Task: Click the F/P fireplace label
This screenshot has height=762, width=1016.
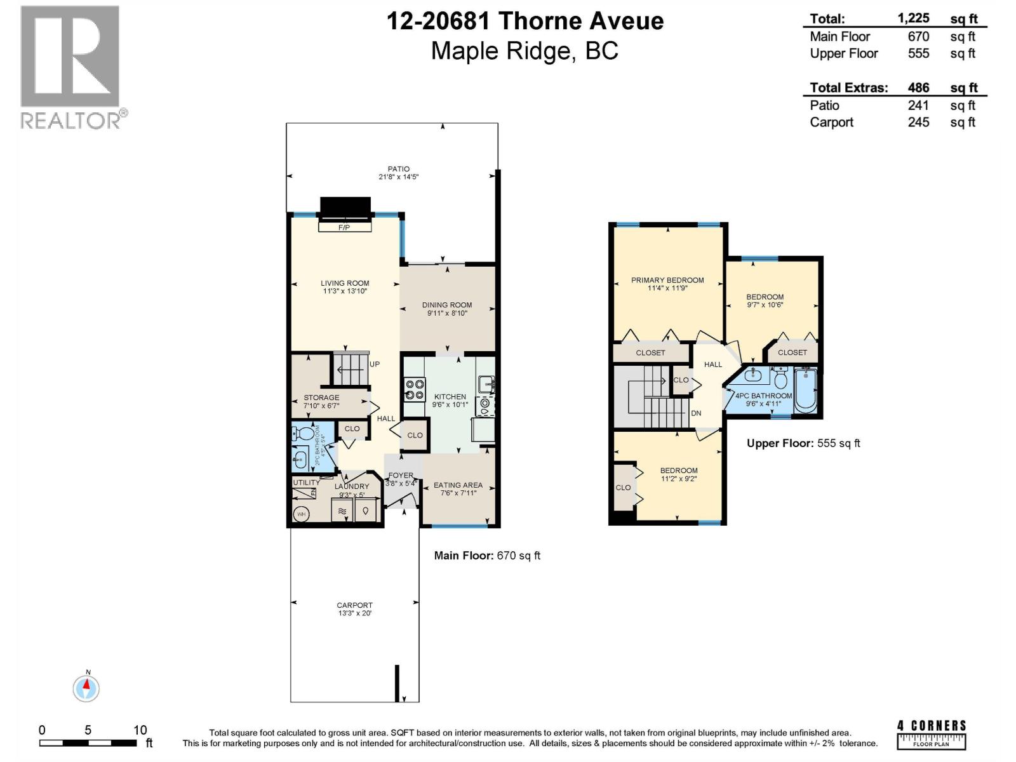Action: (344, 227)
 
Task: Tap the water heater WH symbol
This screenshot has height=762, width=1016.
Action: (301, 514)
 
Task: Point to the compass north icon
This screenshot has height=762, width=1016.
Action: (86, 688)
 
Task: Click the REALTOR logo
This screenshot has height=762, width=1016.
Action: (70, 67)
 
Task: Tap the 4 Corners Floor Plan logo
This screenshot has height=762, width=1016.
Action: (932, 735)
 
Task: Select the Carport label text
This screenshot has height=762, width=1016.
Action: (354, 605)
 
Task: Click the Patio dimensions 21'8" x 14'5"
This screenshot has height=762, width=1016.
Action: (399, 177)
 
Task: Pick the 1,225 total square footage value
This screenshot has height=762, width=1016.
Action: (913, 18)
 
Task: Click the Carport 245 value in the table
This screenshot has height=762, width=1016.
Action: (918, 122)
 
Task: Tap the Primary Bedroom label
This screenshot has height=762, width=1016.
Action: (667, 280)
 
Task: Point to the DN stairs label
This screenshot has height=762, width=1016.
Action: (696, 413)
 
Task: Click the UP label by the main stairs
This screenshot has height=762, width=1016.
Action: (375, 364)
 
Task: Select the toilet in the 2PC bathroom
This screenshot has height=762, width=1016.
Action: (305, 434)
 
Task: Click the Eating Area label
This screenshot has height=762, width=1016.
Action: (458, 485)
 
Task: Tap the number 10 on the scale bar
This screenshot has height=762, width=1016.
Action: (140, 730)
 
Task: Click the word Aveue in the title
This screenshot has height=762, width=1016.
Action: (627, 22)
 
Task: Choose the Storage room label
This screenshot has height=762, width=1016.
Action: (321, 398)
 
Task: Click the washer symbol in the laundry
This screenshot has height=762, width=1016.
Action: (342, 511)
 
